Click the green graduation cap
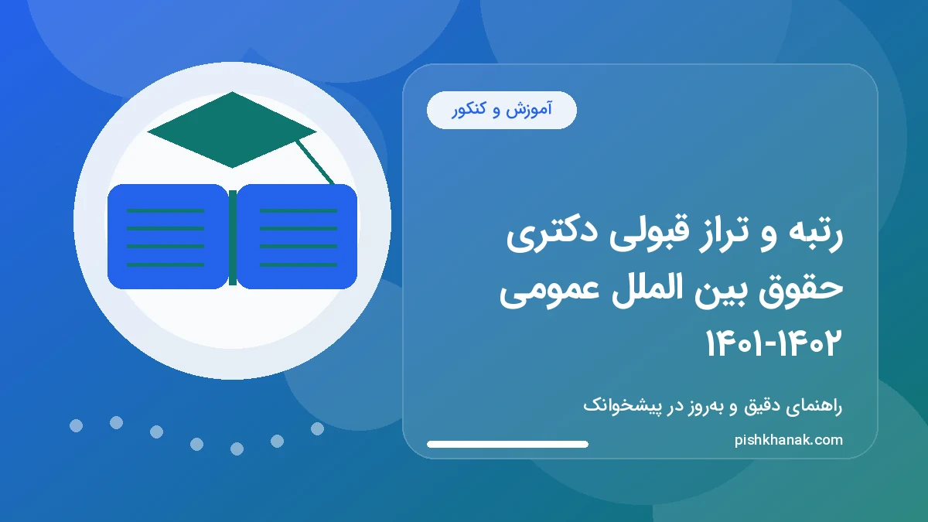pyautogui.click(x=231, y=130)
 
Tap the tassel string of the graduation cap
pyautogui.click(x=316, y=163)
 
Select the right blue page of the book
pyautogui.click(x=298, y=237)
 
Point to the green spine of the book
pyautogui.click(x=232, y=237)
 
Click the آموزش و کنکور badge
pyautogui.click(x=502, y=110)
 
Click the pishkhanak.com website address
pyautogui.click(x=788, y=440)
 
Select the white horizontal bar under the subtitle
pyautogui.click(x=507, y=445)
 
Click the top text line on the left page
pyautogui.click(x=165, y=210)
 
